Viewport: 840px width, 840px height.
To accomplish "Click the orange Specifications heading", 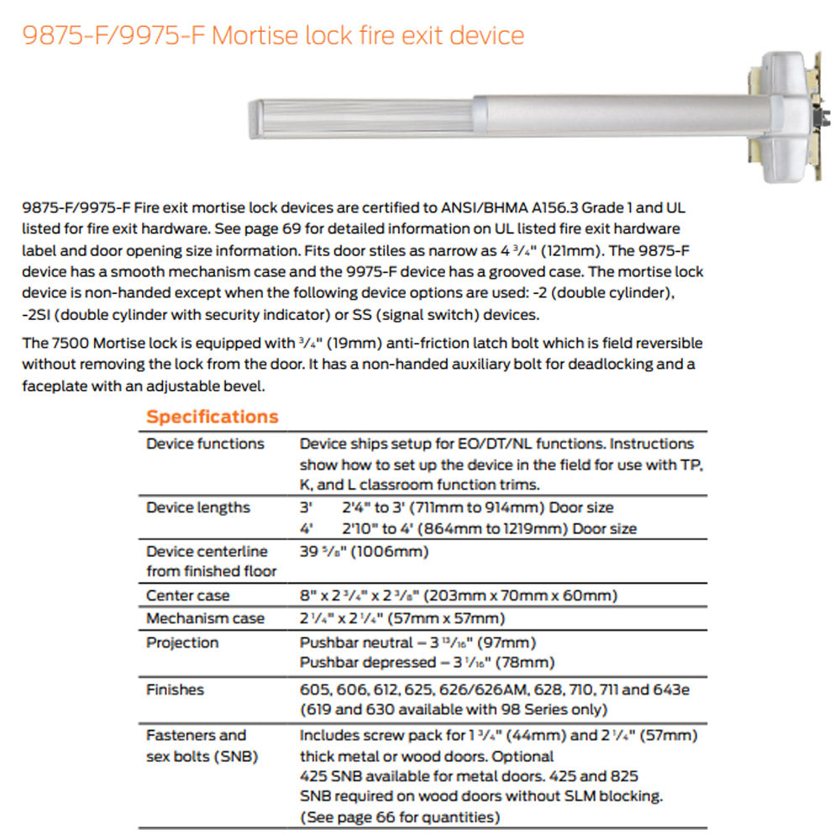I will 212,417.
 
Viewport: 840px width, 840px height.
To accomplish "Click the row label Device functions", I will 205,444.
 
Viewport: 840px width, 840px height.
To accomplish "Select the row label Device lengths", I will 198,507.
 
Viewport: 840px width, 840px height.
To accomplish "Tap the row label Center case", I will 188,596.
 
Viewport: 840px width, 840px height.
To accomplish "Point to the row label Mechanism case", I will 205,618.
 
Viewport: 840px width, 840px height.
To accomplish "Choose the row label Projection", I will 182,643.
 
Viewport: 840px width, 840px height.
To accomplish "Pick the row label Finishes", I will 175,690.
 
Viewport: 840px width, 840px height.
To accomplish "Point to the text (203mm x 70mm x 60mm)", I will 522,596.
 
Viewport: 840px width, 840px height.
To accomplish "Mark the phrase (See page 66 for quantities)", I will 400,817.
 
